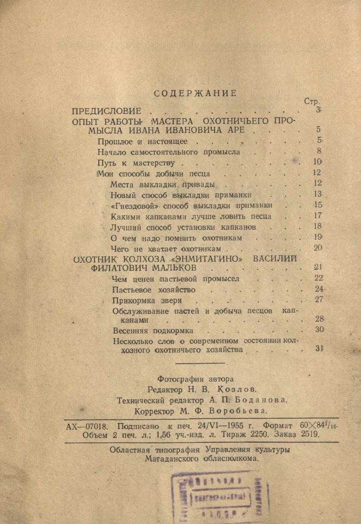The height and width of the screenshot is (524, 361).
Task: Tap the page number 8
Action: (319, 151)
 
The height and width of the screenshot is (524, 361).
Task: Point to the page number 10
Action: (317, 162)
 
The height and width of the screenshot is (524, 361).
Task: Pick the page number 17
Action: (317, 216)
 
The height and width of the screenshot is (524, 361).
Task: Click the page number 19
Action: (317, 237)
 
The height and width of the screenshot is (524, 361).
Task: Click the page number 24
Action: (318, 289)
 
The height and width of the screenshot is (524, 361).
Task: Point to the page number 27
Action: (318, 300)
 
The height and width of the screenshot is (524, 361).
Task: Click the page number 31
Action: (318, 349)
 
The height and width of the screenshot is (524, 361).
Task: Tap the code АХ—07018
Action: (89, 425)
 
